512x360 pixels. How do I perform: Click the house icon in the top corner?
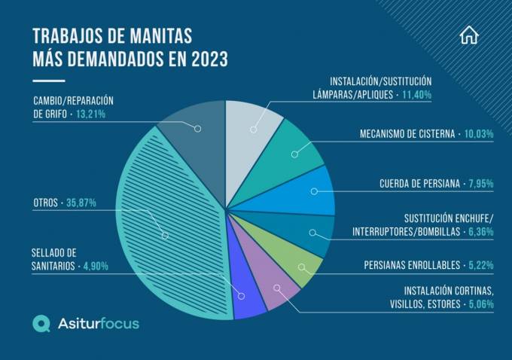tap(468, 35)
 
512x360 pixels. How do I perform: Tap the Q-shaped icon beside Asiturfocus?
tap(41, 323)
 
